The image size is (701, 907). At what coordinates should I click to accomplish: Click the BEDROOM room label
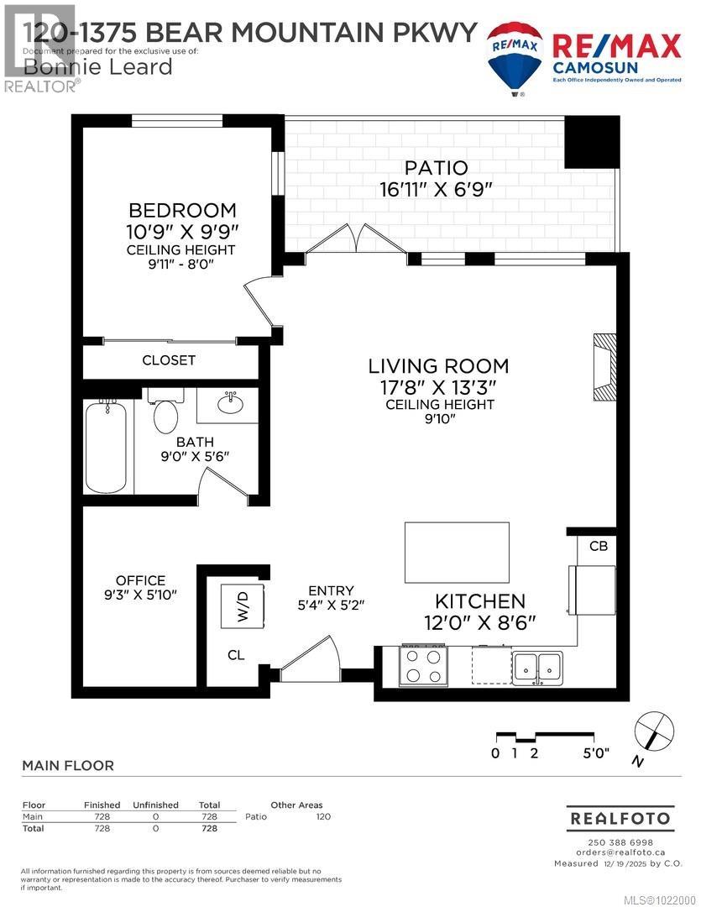tap(181, 210)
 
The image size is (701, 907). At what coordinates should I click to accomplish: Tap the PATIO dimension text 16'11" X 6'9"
tap(434, 190)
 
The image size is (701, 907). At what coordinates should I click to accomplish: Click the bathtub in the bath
tap(108, 447)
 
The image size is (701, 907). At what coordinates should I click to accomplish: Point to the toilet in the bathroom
tap(166, 412)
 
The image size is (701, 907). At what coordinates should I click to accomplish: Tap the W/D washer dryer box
tap(243, 602)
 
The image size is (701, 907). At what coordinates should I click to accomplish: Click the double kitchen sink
tap(538, 665)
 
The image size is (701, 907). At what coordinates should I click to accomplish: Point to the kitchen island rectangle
tap(457, 552)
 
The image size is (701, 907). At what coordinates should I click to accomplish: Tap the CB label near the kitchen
tap(598, 546)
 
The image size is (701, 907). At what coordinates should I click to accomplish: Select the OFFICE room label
tap(140, 580)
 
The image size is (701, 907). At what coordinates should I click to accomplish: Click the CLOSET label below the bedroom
tap(169, 360)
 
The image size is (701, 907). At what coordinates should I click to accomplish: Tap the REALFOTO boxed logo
tap(620, 817)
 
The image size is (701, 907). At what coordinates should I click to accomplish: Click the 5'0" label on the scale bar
tap(596, 752)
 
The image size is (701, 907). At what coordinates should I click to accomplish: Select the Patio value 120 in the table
tap(322, 816)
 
